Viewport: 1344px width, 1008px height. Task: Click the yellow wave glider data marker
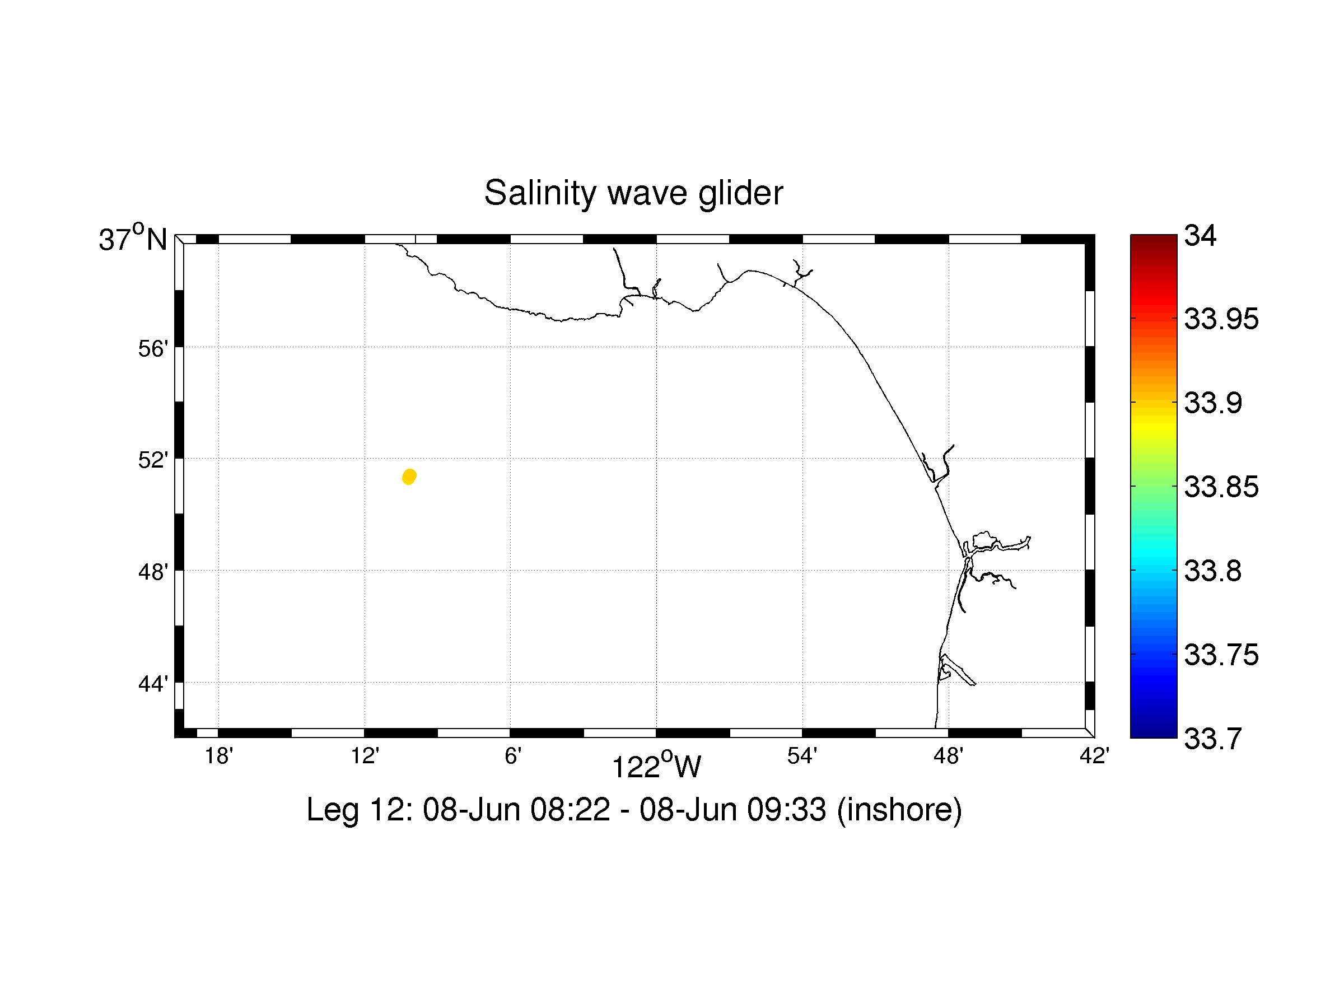click(409, 477)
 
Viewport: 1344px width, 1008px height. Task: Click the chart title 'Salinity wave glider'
click(633, 193)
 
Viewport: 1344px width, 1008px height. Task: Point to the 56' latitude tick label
click(153, 349)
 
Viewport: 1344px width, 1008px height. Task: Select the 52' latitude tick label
click(153, 460)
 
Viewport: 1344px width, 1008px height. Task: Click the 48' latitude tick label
click(153, 572)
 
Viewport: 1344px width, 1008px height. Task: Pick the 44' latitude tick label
click(153, 684)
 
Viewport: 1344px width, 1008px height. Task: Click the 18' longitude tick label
click(219, 757)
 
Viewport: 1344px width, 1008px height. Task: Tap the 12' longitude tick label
click(365, 757)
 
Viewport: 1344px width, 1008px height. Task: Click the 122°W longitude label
click(656, 767)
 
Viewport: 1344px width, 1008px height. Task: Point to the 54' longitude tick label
click(802, 757)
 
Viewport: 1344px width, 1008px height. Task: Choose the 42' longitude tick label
click(1094, 757)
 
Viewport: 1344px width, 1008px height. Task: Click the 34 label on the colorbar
click(1201, 236)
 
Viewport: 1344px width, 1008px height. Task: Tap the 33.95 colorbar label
click(1221, 320)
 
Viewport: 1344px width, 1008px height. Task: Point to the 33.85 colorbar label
click(1221, 487)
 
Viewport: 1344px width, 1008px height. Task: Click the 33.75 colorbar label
click(1221, 655)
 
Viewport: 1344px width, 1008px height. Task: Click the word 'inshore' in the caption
click(899, 810)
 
